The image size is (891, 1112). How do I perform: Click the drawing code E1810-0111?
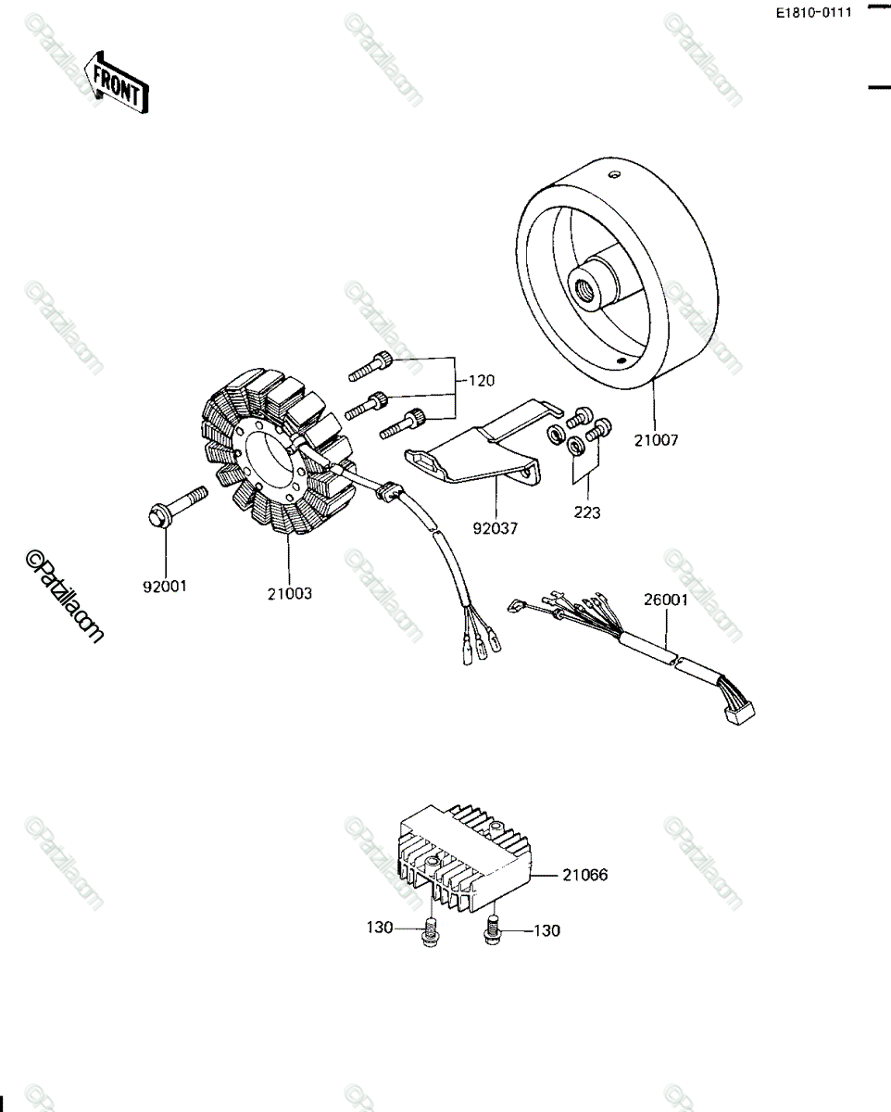tap(814, 13)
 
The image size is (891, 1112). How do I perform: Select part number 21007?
tap(656, 440)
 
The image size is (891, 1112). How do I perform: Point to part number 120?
tap(481, 381)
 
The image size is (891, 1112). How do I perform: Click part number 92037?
tap(495, 528)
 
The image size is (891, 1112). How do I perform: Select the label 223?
tap(587, 512)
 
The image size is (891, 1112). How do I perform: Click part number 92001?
tap(165, 587)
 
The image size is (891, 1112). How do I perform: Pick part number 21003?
tap(290, 593)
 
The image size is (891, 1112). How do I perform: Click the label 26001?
tap(666, 600)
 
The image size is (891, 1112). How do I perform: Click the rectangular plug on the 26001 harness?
tap(740, 714)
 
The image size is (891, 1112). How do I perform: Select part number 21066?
tap(585, 875)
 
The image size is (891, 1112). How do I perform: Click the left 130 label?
tap(380, 928)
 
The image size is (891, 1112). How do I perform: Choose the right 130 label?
tap(546, 930)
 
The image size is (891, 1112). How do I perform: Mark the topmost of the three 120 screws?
tap(370, 366)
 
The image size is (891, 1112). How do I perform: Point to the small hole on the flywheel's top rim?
tap(614, 176)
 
